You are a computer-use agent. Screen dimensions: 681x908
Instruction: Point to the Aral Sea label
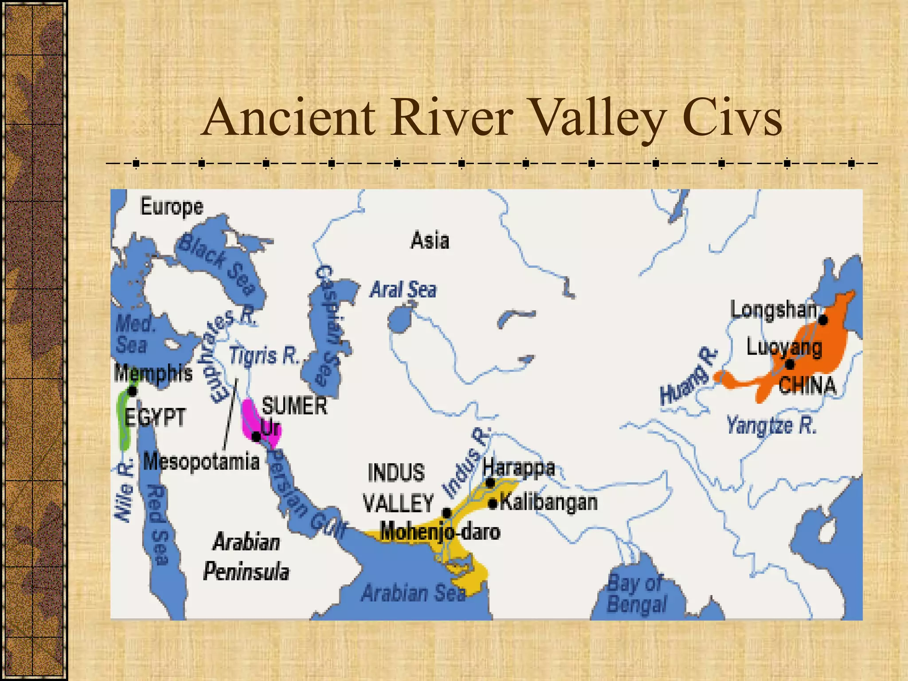[403, 290]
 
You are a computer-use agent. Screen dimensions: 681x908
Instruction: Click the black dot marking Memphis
[132, 391]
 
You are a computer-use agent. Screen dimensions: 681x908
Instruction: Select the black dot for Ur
[256, 437]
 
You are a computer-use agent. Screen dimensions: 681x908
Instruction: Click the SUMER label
[294, 406]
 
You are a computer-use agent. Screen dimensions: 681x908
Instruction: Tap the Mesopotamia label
[201, 462]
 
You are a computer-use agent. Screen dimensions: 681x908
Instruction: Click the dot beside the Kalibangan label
[493, 503]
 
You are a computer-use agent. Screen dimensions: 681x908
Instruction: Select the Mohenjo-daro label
[440, 531]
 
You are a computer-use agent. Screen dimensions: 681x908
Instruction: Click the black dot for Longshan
[823, 320]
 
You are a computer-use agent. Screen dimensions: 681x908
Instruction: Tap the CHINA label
[807, 385]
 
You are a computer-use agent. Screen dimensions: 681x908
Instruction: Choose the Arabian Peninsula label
[246, 556]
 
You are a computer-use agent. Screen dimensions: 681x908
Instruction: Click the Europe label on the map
[172, 207]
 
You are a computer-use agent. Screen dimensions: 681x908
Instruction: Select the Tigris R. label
[265, 356]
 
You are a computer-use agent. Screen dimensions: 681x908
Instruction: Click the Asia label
[430, 241]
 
